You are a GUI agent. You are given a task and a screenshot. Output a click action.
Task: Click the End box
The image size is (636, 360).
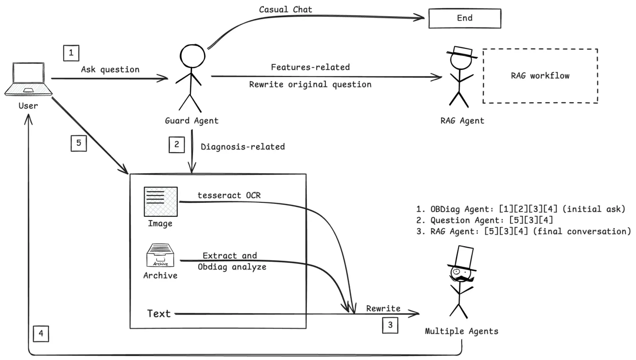pos(465,18)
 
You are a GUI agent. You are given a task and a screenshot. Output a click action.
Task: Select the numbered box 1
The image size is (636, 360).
pos(71,53)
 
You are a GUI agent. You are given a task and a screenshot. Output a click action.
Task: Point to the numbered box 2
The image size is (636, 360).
pos(177,145)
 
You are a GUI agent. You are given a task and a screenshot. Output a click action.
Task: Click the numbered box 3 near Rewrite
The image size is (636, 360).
pos(390,325)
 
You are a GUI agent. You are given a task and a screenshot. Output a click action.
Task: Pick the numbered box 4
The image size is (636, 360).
pos(41,334)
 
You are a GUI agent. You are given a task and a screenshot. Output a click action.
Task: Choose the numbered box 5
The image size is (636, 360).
pos(78,143)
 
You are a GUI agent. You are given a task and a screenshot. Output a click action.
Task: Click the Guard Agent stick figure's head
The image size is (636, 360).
pos(192,56)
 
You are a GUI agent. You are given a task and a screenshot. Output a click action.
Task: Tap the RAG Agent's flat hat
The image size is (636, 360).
pos(462,53)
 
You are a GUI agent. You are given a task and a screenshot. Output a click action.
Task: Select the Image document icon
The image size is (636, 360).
pos(161,201)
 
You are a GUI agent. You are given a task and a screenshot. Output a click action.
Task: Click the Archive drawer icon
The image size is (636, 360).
pos(160,255)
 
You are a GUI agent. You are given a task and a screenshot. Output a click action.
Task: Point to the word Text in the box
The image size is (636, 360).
pos(159,314)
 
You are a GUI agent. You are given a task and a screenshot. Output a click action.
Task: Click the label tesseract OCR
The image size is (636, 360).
pos(229,195)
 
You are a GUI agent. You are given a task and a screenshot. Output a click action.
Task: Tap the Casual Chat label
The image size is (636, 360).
pos(285,9)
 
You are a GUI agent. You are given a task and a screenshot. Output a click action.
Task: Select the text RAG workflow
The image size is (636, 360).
pos(540,76)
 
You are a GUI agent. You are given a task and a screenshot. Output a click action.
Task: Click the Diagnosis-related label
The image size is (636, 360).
pos(243,147)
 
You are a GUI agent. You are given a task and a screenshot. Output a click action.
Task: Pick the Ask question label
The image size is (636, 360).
pos(110,70)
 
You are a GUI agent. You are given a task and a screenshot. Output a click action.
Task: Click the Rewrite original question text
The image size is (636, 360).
pos(310,84)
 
